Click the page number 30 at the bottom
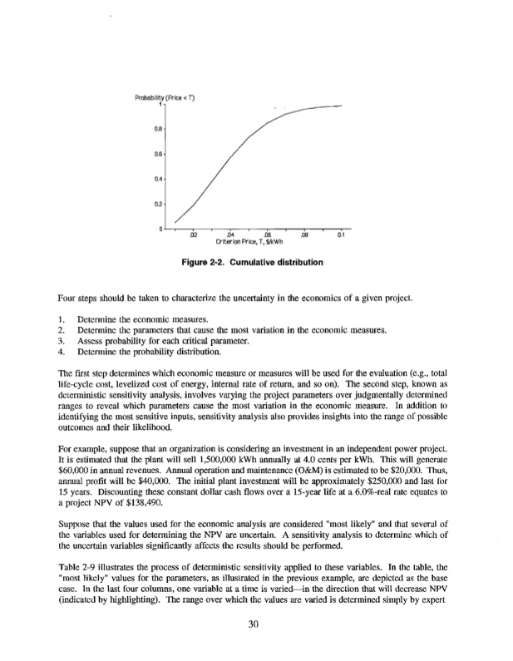[255, 625]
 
